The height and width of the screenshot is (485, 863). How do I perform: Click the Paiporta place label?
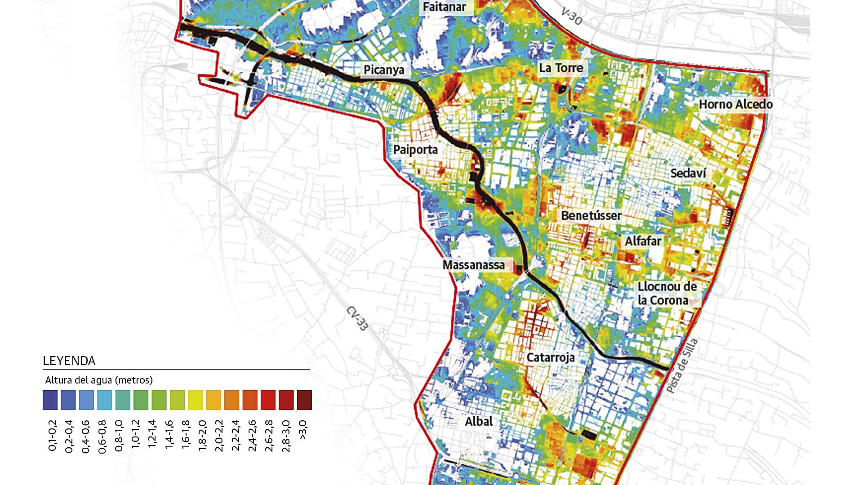[415, 150]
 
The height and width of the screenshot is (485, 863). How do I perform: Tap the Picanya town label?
[384, 70]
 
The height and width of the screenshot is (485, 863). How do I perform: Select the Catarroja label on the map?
[551, 358]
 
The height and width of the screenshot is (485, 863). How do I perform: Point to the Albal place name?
[479, 422]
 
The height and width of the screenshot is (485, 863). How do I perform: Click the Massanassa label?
[474, 265]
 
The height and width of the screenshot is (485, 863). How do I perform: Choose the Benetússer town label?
[591, 216]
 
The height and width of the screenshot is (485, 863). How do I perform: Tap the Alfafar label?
[643, 241]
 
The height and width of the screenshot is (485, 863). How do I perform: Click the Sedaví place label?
[688, 173]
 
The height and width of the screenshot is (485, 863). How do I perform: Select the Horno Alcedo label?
[735, 105]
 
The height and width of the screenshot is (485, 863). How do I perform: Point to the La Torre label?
[561, 68]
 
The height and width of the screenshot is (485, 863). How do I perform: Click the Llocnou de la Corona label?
[667, 294]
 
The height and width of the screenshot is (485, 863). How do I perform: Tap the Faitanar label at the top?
[445, 7]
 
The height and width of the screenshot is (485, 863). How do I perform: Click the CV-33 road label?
[357, 319]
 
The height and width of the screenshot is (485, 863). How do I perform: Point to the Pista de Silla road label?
[682, 366]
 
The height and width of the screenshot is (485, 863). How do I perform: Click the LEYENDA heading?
[69, 361]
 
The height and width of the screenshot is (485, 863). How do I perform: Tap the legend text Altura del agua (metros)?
[99, 380]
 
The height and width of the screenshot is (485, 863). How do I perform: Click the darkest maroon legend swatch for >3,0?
[304, 400]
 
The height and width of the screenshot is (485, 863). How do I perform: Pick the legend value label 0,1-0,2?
[52, 436]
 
